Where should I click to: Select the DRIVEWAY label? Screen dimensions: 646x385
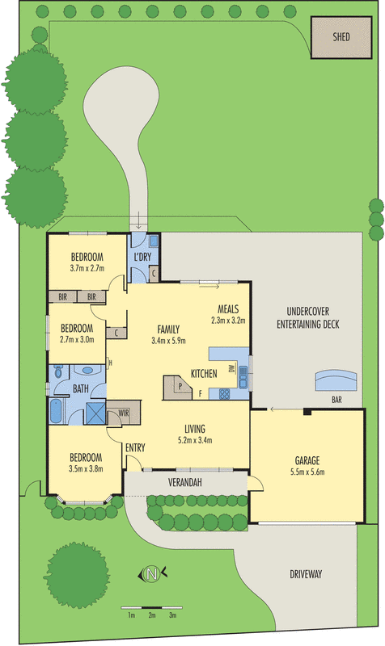tap(305, 574)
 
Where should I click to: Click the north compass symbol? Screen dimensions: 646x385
tap(151, 575)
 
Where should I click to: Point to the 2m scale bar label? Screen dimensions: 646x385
tap(151, 615)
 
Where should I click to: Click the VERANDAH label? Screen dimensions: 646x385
tap(184, 482)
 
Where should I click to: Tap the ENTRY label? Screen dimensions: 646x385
tap(135, 447)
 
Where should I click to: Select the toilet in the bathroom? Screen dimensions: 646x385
tap(58, 373)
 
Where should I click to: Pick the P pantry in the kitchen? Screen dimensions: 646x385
tap(180, 386)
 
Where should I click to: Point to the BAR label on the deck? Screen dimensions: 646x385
tap(334, 400)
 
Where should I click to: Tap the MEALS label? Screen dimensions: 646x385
tap(226, 308)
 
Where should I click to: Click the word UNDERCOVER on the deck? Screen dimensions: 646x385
tap(312, 313)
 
